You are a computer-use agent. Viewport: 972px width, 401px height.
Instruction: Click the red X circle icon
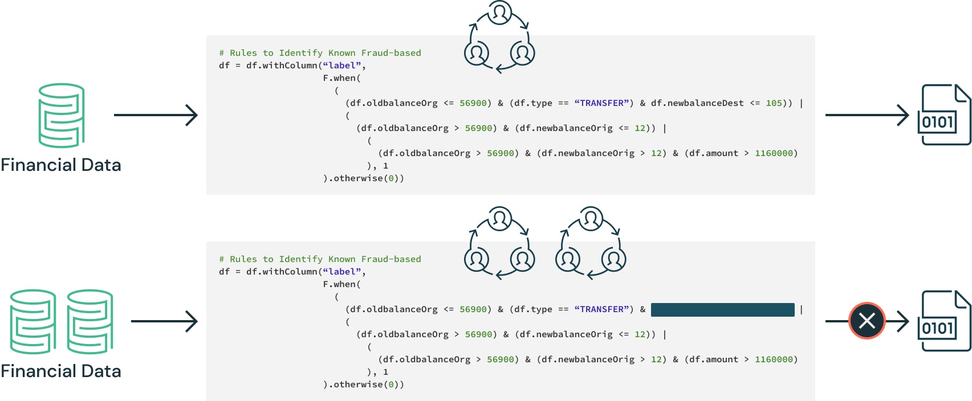[x=867, y=321]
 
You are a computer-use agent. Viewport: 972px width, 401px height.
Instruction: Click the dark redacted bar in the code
[x=722, y=309]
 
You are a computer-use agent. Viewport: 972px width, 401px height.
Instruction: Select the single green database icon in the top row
[x=62, y=116]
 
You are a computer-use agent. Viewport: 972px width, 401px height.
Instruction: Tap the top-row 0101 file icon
[x=943, y=115]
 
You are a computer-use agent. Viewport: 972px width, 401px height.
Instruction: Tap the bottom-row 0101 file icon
[x=943, y=321]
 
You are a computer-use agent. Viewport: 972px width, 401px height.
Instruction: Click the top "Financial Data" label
[x=61, y=165]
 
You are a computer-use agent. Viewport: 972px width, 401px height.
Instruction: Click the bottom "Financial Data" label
[x=61, y=371]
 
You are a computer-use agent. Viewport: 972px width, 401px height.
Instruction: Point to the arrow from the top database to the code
[x=156, y=115]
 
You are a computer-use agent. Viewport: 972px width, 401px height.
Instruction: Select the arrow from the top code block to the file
[x=867, y=115]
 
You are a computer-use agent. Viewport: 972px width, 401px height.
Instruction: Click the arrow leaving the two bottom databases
[x=164, y=321]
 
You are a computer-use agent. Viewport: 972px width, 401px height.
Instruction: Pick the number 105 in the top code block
[x=774, y=103]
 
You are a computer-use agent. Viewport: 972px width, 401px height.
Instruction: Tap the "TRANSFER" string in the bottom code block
[x=601, y=309]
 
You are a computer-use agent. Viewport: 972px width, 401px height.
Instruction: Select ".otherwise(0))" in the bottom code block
[x=364, y=384]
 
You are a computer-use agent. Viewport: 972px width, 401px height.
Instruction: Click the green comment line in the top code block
[x=320, y=53]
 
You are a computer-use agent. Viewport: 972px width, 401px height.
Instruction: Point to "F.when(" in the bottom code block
[x=341, y=284]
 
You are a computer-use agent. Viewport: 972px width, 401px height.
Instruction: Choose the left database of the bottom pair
[x=33, y=322]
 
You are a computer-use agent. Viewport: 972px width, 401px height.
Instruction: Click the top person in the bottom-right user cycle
[x=591, y=219]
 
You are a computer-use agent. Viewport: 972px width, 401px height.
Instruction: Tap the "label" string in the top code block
[x=342, y=66]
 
